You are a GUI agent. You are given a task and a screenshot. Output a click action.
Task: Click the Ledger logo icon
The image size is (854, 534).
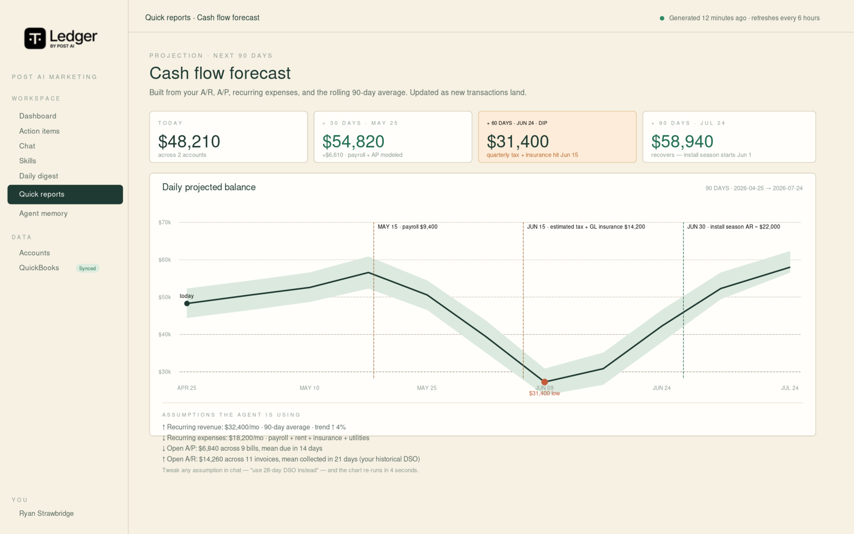pyautogui.click(x=35, y=38)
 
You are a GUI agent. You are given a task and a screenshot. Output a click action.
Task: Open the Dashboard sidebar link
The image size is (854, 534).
pyautogui.click(x=38, y=116)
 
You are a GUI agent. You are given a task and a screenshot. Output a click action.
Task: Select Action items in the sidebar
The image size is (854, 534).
pyautogui.click(x=39, y=131)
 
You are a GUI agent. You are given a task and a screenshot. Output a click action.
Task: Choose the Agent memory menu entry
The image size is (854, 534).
pyautogui.click(x=43, y=214)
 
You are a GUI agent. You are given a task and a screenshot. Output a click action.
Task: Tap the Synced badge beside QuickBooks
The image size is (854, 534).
pyautogui.click(x=88, y=269)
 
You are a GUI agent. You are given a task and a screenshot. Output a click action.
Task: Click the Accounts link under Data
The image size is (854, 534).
pyautogui.click(x=34, y=253)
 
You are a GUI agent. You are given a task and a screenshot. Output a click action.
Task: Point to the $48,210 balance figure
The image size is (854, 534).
pyautogui.click(x=189, y=142)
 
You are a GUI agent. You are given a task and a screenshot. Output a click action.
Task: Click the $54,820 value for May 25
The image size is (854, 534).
pyautogui.click(x=353, y=142)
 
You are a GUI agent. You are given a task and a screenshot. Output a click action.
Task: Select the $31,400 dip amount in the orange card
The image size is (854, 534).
pyautogui.click(x=518, y=142)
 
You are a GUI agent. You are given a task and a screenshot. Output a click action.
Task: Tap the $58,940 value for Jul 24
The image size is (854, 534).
pyautogui.click(x=682, y=142)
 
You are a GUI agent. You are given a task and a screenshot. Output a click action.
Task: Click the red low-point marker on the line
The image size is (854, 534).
pyautogui.click(x=544, y=382)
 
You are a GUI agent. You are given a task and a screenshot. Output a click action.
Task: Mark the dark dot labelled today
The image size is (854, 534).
pyautogui.click(x=187, y=304)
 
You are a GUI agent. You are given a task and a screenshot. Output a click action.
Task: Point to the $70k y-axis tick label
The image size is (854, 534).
pyautogui.click(x=165, y=222)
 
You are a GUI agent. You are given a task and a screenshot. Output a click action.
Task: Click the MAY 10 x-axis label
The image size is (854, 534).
pyautogui.click(x=309, y=388)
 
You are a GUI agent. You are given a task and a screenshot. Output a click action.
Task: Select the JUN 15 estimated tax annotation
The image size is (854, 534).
pyautogui.click(x=586, y=227)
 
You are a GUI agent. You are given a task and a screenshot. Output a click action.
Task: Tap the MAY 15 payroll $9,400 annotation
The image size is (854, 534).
pyautogui.click(x=408, y=227)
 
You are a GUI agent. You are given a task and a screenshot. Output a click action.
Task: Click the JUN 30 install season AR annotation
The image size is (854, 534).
pyautogui.click(x=733, y=227)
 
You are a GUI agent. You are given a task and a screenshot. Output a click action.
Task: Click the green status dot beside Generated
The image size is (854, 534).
pyautogui.click(x=662, y=18)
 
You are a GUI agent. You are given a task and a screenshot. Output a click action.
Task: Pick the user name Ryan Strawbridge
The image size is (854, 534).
pyautogui.click(x=46, y=513)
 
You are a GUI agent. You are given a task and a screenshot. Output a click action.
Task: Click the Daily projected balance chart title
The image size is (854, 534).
pyautogui.click(x=209, y=187)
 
